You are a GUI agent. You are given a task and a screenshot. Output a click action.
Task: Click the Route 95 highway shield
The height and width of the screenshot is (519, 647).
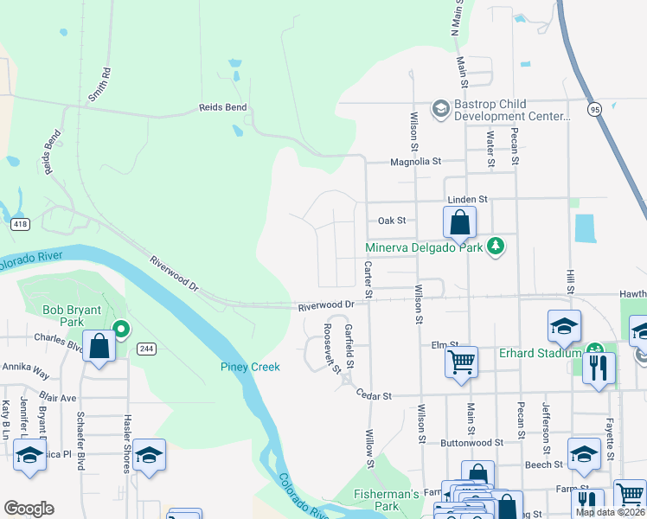coord(593,109)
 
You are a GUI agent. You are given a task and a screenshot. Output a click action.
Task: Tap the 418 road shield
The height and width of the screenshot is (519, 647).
coord(19,224)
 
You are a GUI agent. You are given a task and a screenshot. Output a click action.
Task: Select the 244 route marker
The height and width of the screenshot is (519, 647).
coord(145,349)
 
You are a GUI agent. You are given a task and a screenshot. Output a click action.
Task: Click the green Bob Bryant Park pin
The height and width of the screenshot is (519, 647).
coord(122,329)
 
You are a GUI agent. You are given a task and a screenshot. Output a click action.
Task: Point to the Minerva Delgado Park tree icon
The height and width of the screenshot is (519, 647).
coord(495,247)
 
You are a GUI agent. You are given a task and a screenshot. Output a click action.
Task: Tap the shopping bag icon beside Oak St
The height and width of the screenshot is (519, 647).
coord(460,223)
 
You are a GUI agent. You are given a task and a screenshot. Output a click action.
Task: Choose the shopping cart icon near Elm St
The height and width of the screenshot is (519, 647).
coord(462,361)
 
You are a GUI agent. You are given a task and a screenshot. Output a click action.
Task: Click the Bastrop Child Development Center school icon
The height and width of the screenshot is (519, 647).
coord(440,108)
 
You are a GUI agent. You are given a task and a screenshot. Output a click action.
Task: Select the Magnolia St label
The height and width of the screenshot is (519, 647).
coord(415,161)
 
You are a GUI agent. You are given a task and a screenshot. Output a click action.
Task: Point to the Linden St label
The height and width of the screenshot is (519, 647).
coord(467,199)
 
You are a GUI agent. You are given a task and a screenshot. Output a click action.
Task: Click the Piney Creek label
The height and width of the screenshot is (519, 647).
coord(249,367)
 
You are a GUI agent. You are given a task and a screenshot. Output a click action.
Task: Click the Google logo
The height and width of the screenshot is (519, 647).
coord(29,509)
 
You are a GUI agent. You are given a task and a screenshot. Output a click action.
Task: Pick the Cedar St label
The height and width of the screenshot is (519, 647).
coord(375,394)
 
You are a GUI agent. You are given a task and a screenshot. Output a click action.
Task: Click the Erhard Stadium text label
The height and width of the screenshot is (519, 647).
coord(538,352)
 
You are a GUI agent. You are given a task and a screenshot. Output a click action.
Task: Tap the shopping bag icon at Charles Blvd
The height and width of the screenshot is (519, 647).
coord(99,349)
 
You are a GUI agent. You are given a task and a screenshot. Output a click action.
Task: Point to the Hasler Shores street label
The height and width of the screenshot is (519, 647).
coord(127,442)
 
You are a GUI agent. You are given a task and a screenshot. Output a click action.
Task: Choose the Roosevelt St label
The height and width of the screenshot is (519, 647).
coord(331,349)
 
